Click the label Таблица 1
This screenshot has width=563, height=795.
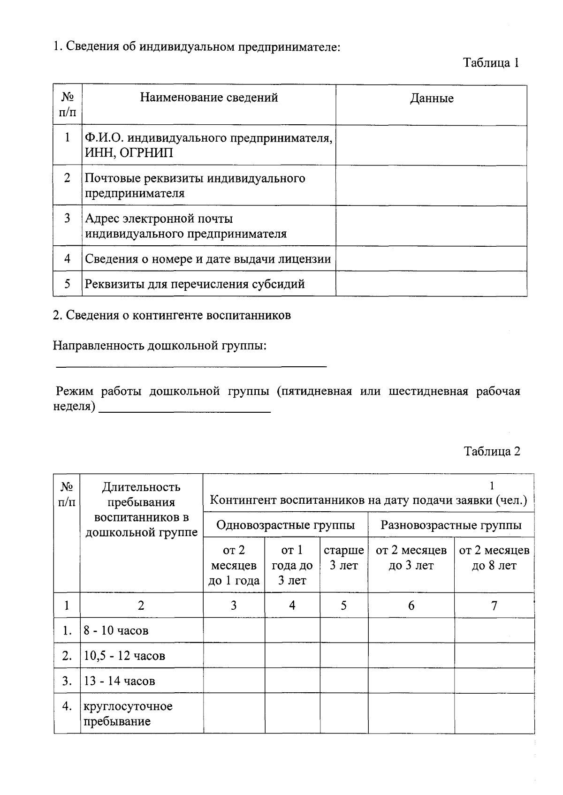[x=491, y=63]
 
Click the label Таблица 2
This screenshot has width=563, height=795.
[x=492, y=451]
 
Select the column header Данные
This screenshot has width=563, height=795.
[x=431, y=98]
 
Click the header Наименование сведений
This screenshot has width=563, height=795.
[x=209, y=98]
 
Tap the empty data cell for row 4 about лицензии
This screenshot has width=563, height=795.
[x=431, y=259]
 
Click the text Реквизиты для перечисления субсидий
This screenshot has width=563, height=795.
[x=195, y=284]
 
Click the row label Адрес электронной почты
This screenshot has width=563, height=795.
[x=159, y=219]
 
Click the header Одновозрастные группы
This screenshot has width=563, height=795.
[x=285, y=525]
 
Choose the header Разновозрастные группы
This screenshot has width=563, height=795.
[x=450, y=525]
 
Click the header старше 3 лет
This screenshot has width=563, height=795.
[x=343, y=558]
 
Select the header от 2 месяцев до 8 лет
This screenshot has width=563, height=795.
[x=494, y=558]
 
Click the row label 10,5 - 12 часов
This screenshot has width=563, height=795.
[x=124, y=656]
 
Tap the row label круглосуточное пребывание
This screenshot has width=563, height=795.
[x=128, y=713]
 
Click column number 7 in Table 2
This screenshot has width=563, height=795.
[x=494, y=606]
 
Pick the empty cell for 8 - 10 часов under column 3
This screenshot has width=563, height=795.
[x=234, y=630]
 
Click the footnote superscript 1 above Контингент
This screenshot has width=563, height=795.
[x=492, y=486]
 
